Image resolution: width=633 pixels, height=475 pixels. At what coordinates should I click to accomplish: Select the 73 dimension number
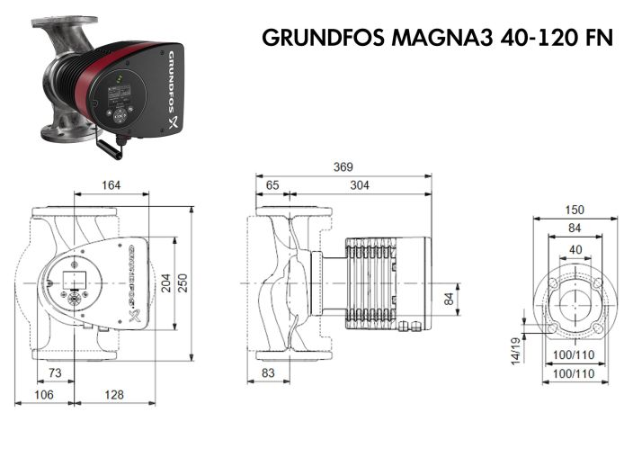[x=55, y=372]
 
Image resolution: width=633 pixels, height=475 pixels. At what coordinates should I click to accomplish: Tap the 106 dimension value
[x=42, y=395]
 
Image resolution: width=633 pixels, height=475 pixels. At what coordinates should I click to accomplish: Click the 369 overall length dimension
[x=343, y=166]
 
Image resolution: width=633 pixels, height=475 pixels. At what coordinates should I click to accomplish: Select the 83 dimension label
[x=267, y=372]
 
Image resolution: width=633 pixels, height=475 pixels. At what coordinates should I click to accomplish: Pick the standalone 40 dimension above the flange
[x=575, y=249]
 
